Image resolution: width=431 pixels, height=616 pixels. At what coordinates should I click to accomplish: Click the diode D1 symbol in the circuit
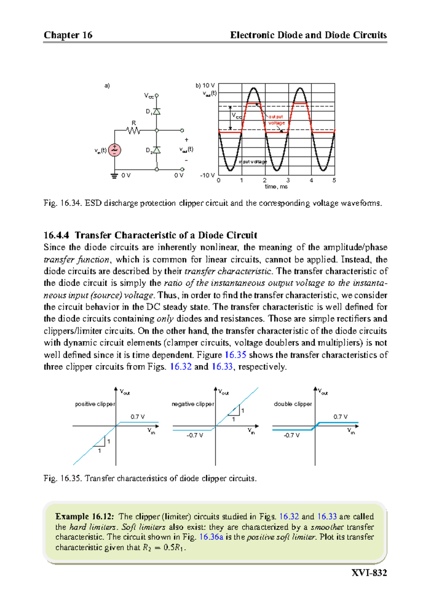[x=157, y=112]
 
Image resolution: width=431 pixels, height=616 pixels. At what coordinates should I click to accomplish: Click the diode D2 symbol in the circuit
[x=157, y=150]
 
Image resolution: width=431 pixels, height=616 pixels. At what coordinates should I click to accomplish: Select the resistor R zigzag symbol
[x=134, y=131]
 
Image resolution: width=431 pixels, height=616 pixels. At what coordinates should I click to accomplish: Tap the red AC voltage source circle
[x=115, y=150]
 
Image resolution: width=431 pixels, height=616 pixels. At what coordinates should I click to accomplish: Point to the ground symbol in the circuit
[x=115, y=176]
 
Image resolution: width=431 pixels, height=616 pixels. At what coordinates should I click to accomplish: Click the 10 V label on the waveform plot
[x=208, y=86]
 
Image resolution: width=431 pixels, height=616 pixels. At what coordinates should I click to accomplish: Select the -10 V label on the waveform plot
[x=207, y=176]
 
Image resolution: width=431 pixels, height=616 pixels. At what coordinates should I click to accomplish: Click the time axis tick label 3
[x=288, y=180]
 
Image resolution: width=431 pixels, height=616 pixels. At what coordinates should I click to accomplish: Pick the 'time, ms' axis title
[x=276, y=186]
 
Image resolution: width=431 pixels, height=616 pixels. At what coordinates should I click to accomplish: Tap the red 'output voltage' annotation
[x=276, y=120]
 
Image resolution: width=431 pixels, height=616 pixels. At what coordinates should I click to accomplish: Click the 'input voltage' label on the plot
[x=253, y=162]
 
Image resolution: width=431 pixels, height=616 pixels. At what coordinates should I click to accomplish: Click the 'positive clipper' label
[x=95, y=404]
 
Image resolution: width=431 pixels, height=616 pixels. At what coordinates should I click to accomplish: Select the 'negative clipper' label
[x=193, y=404]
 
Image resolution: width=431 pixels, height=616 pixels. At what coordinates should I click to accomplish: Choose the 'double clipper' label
[x=293, y=404]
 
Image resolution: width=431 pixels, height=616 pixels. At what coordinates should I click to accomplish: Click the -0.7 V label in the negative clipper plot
[x=195, y=435]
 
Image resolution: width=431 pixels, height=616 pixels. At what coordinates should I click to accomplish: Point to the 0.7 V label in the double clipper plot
[x=340, y=417]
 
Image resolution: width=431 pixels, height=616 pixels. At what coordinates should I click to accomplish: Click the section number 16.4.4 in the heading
[x=56, y=235]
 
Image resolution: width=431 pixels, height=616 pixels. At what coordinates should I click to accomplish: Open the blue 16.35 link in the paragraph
[x=235, y=355]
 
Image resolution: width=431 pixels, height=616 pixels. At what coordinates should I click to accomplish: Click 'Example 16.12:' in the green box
[x=85, y=517]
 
